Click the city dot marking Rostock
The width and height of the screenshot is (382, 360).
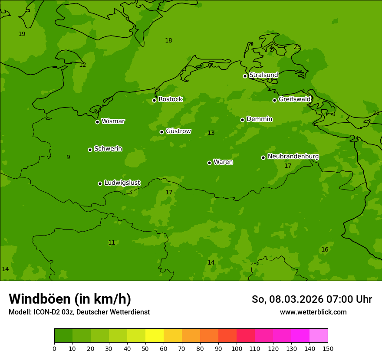[154, 100]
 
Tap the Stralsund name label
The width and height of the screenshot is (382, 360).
[263, 75]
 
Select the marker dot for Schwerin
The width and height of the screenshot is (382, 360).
[90, 150]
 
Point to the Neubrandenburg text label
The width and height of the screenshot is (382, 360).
[293, 156]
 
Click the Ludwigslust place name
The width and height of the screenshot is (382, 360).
[122, 183]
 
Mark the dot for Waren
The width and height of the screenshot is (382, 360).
[209, 163]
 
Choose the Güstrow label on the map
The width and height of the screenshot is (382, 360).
[178, 131]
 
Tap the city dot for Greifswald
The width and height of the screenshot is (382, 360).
[274, 100]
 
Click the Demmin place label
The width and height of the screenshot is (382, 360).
[259, 119]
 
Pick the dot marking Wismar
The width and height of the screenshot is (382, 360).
[97, 122]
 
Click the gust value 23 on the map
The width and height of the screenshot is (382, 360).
[297, 47]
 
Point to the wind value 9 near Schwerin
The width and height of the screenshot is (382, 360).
[68, 157]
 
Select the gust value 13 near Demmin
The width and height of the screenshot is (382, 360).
[211, 133]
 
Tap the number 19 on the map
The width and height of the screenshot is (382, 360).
[22, 34]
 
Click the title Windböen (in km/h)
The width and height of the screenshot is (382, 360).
[70, 299]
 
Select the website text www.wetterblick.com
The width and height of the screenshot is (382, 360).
[313, 312]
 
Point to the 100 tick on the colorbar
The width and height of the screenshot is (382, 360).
[237, 348]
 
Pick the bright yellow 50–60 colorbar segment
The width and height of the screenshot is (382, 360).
[155, 335]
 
